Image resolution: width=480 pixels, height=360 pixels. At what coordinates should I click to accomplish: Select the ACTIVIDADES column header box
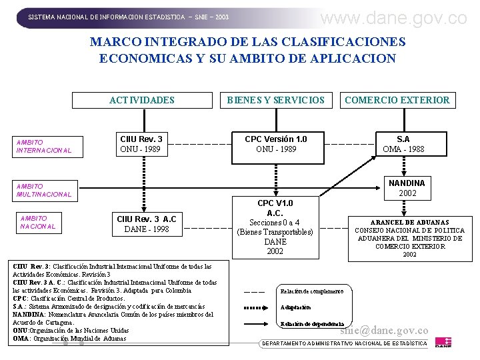pyautogui.click(x=141, y=100)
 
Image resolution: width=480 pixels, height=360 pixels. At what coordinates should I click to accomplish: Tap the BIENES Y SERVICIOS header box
pyautogui.click(x=275, y=100)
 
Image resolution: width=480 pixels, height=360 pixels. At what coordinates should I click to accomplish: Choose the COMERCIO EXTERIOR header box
pyautogui.click(x=397, y=100)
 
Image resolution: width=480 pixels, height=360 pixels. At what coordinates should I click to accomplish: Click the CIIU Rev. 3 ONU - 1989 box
pyautogui.click(x=140, y=144)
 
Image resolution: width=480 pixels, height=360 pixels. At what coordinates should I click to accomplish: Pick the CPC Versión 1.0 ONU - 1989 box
pyautogui.click(x=275, y=144)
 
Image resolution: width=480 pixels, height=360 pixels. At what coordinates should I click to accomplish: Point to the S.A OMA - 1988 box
pyautogui.click(x=403, y=144)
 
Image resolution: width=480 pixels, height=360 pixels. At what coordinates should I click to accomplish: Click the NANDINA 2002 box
pyautogui.click(x=407, y=188)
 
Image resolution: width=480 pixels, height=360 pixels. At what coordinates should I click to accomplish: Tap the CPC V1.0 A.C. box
pyautogui.click(x=275, y=227)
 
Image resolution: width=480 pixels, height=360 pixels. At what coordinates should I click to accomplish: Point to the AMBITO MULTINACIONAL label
pyautogui.click(x=44, y=191)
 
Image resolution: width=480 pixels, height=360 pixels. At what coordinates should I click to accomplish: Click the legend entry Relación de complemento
pyautogui.click(x=311, y=291)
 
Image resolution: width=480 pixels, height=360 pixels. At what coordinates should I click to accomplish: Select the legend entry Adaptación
pyautogui.click(x=295, y=307)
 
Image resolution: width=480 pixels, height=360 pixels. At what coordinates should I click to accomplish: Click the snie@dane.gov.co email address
pyautogui.click(x=384, y=330)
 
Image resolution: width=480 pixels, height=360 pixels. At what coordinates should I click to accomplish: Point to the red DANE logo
pyautogui.click(x=443, y=342)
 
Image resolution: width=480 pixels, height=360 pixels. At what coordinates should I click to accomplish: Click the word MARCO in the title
pyautogui.click(x=118, y=41)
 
